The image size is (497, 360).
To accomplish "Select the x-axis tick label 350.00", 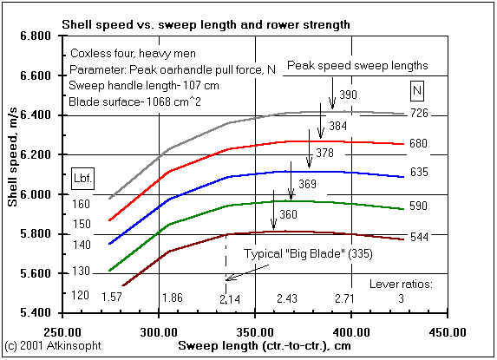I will [256, 331].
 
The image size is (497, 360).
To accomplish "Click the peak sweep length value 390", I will [349, 94].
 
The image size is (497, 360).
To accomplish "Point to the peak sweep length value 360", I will [289, 214].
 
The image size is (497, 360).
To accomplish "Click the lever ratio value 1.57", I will [111, 298].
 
